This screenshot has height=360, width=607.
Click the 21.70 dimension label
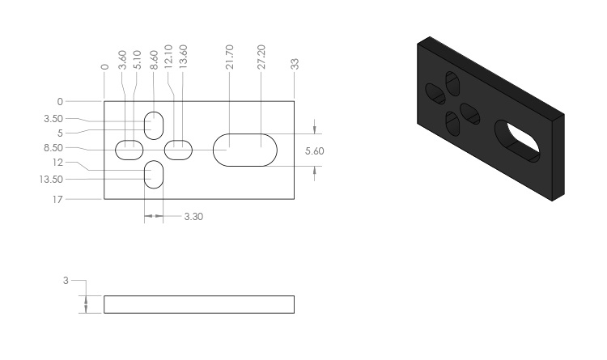pos(230,57)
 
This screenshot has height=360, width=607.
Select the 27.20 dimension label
pos(261,57)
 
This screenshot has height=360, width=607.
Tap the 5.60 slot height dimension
pos(314,150)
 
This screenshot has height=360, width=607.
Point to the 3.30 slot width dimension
pos(193,216)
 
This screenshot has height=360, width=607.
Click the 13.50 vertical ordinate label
pos(51,180)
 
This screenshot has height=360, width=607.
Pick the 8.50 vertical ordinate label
pos(53,147)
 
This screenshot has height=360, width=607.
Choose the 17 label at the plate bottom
pos(57,200)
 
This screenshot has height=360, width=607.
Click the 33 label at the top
pos(295,64)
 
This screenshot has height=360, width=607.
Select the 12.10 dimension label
pos(168,57)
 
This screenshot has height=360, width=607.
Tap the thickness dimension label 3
pos(66,280)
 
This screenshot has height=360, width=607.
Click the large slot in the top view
pos(245,150)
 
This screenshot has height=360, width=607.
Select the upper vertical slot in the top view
pos(154,125)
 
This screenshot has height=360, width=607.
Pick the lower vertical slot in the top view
pos(154,175)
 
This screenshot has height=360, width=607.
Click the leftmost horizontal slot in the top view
pos(129,150)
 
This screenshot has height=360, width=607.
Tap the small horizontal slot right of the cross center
pos(179,150)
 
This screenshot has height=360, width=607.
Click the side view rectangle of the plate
pos(199,304)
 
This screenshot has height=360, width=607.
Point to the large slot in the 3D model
pos(518,142)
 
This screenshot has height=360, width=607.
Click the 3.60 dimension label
pos(122,60)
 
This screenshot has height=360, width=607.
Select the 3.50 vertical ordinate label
pos(53,118)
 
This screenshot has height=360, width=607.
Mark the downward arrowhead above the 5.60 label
pos(314,130)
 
